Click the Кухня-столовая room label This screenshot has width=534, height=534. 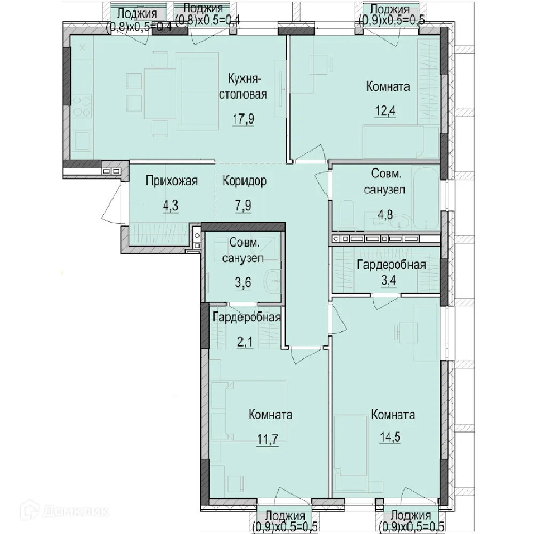pos(243,87)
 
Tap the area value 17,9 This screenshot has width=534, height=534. pos(243,119)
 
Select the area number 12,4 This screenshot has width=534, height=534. pos(385,111)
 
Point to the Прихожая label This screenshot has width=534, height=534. pos(171,181)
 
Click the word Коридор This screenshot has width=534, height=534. pos(245,181)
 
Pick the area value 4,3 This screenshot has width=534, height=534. pos(171,206)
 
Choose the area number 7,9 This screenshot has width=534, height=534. pos(243,206)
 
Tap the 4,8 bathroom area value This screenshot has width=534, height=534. pos(385,215)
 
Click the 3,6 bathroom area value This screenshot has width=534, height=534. pos(243,282)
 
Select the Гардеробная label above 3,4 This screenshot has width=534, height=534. pos(391,265)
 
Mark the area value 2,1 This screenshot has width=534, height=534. pos(245,342)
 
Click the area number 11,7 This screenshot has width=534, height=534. pos(268,439)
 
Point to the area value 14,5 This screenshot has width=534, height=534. pos(390,437)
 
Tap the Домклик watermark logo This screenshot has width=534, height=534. pos(64,511)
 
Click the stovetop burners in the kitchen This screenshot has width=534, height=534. pos(82,107)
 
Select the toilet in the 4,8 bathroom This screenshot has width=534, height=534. pos(347,215)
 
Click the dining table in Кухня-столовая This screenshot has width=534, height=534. pos(160,93)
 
